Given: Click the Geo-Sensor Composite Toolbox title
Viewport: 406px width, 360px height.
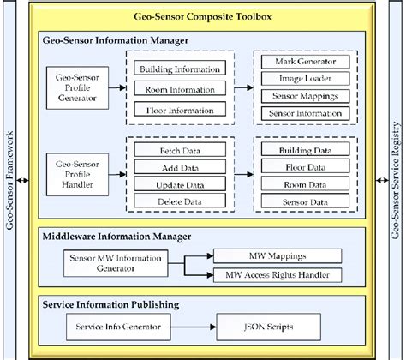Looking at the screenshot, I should pos(203,16).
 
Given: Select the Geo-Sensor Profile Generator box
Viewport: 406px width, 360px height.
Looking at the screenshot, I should pos(77,87).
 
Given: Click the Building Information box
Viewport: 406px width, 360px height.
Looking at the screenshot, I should pos(181,69).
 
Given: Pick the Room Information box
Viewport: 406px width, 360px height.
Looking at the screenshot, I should pos(181,88).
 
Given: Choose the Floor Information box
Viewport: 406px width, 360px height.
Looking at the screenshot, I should pos(181,109).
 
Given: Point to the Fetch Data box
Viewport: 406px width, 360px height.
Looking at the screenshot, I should pos(181,150).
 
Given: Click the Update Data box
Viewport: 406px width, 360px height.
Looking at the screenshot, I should pos(181,183).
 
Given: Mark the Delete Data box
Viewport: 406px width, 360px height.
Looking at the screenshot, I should pos(181,201).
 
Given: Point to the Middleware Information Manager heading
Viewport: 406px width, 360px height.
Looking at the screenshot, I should pos(114,235).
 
